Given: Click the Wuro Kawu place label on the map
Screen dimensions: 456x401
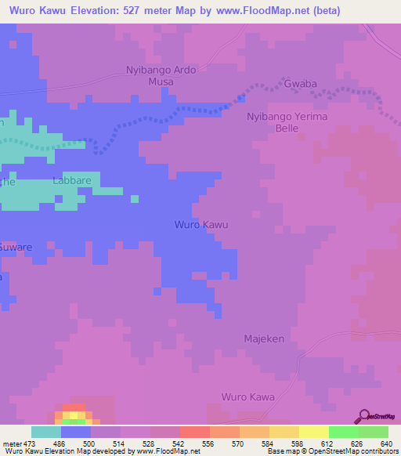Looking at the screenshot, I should pyautogui.click(x=200, y=225).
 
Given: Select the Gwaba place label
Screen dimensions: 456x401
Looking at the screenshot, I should pyautogui.click(x=301, y=82).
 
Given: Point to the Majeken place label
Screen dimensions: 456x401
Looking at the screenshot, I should pyautogui.click(x=264, y=339).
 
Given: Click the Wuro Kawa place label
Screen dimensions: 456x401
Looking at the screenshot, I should pyautogui.click(x=248, y=397).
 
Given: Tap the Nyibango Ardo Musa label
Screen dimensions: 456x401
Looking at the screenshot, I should pyautogui.click(x=161, y=75).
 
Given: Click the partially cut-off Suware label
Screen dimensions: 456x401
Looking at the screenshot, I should pyautogui.click(x=16, y=248).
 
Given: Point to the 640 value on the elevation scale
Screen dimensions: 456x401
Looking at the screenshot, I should pyautogui.click(x=385, y=444).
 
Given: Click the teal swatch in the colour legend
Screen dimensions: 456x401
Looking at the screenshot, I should pyautogui.click(x=46, y=432).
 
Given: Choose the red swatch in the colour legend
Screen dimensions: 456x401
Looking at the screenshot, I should pyautogui.click(x=194, y=432).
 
